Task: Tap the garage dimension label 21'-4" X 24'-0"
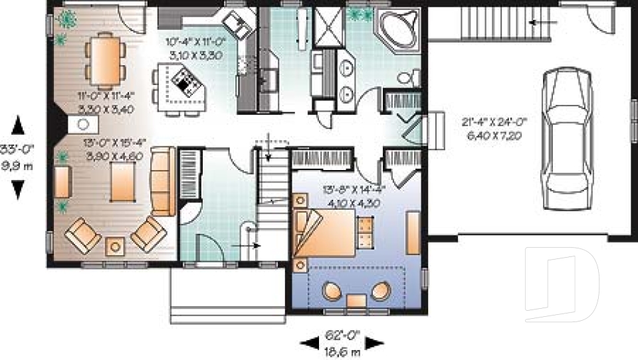tap(494, 127)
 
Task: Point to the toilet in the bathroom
tap(407, 78)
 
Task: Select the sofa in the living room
tap(163, 181)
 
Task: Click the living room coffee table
tap(122, 181)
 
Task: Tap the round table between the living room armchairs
tap(116, 246)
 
